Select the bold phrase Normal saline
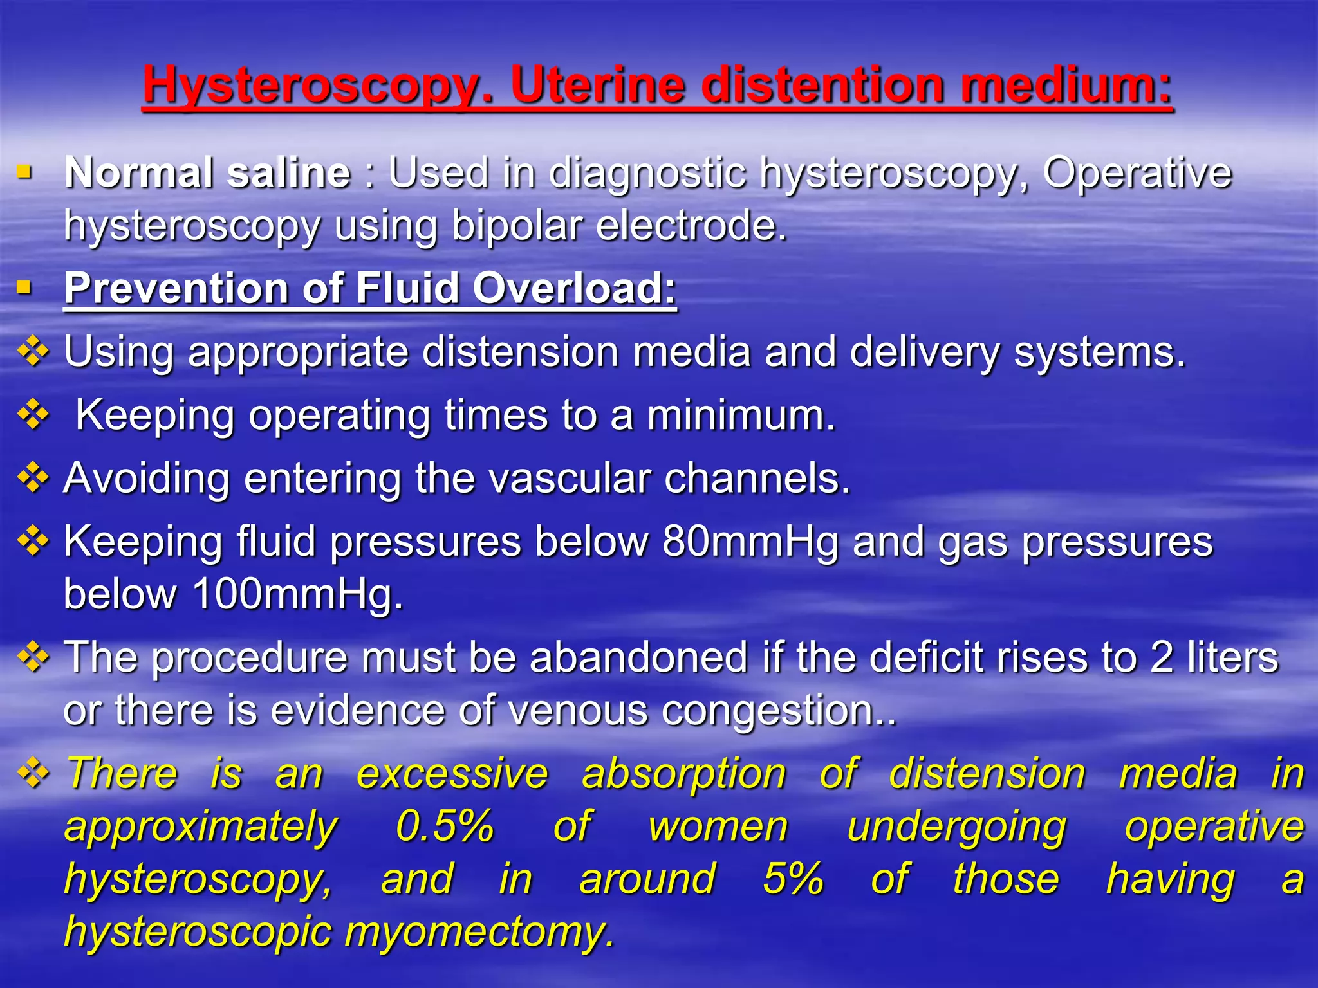tap(207, 173)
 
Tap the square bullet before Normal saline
tap(24, 172)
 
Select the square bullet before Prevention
tap(24, 286)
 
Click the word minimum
tap(741, 415)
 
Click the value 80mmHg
tap(750, 541)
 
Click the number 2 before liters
tap(1162, 657)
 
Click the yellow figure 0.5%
tap(445, 826)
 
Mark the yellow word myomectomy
tap(479, 931)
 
